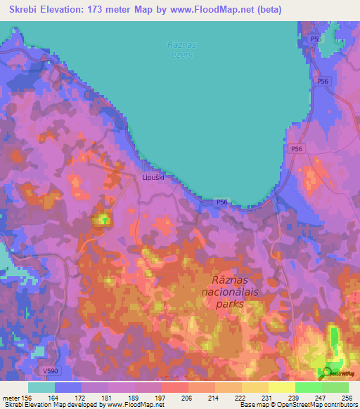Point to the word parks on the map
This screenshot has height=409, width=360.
231,304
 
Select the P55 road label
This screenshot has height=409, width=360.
316,39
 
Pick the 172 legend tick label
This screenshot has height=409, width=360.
82,397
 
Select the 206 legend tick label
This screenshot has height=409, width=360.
188,397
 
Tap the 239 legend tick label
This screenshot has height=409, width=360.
295,397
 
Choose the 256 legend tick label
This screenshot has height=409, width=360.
347,397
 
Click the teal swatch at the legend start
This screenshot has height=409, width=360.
41,387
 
